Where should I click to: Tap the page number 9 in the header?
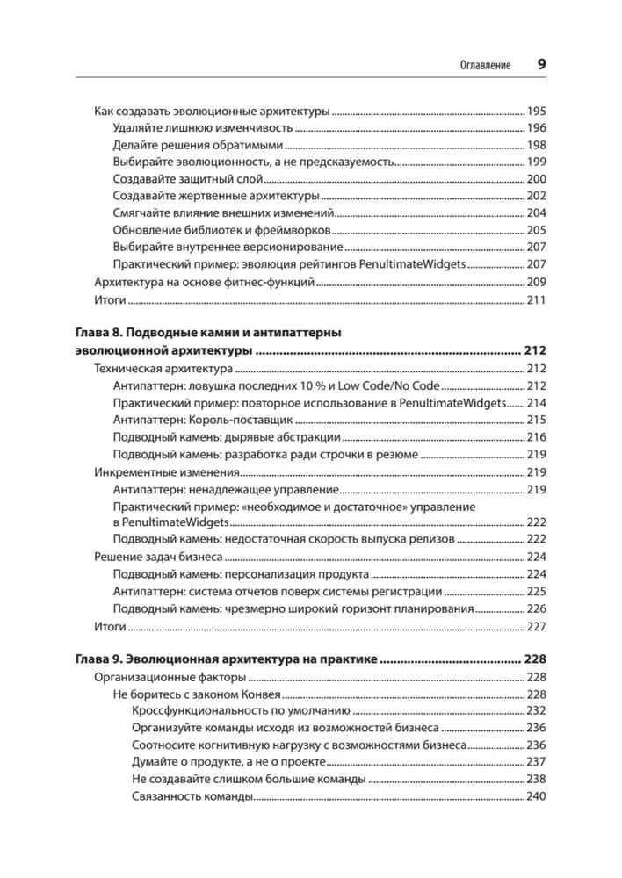tap(541, 65)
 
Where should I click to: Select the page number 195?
tap(536, 112)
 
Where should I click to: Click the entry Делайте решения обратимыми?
tap(199, 145)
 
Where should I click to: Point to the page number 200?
tap(536, 178)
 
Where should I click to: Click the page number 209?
tap(536, 283)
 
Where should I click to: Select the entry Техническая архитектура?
tap(163, 369)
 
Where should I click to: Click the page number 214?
tap(536, 402)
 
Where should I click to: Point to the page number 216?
tap(536, 436)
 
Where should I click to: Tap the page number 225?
tap(536, 592)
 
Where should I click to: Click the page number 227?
tap(536, 627)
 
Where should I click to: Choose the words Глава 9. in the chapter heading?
tap(95, 658)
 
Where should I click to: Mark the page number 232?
tap(536, 711)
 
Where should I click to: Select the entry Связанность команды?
tap(192, 796)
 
